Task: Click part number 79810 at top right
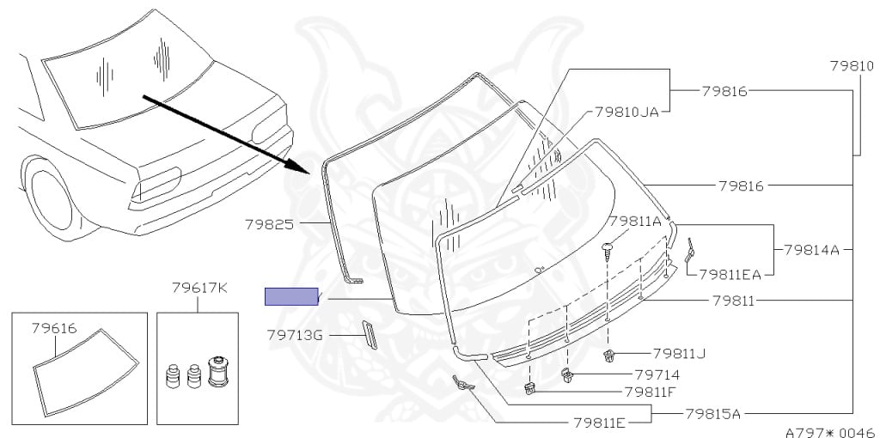click(851, 65)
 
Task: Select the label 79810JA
click(626, 113)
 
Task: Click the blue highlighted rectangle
click(291, 296)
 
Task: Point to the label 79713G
click(294, 335)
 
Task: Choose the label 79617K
click(199, 287)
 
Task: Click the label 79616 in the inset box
click(54, 327)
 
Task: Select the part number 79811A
click(634, 221)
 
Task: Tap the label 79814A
click(811, 250)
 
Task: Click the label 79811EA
click(730, 275)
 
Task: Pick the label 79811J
click(679, 353)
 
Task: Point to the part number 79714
click(657, 374)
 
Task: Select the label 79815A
click(712, 413)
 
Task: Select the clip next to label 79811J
click(608, 356)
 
